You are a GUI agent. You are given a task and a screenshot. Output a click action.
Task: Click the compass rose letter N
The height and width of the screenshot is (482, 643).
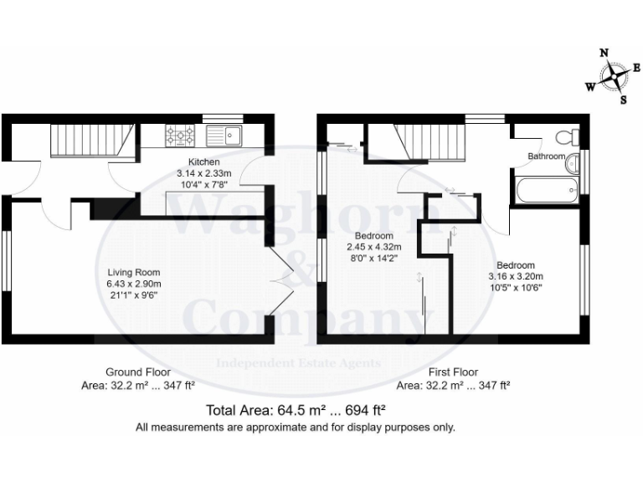[604, 53]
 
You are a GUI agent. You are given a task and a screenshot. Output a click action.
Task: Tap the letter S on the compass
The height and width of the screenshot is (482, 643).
[623, 100]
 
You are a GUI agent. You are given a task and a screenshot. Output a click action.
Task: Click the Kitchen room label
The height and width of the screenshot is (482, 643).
[204, 161]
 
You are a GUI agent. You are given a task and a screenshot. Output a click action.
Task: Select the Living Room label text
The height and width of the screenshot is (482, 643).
[133, 272]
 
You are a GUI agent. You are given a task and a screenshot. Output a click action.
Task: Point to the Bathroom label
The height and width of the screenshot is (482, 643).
[546, 156]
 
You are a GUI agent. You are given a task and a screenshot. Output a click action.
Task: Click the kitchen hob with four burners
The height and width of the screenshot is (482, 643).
[180, 134]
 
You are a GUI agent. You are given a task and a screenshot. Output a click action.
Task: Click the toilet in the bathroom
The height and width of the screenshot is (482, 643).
[572, 136]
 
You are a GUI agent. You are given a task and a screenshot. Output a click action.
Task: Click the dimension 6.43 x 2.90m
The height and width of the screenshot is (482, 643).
[133, 284]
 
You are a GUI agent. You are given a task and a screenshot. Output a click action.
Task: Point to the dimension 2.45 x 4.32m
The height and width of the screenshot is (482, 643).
[374, 247]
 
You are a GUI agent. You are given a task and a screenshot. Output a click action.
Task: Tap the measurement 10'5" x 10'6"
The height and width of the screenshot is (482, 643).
[517, 288]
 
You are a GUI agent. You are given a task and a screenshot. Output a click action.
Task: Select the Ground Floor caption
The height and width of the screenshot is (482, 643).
[138, 372]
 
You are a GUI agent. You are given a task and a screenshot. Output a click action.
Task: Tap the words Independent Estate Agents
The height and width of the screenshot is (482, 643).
[299, 363]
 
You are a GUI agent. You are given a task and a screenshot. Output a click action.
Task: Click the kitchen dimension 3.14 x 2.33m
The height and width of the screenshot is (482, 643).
[204, 172]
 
